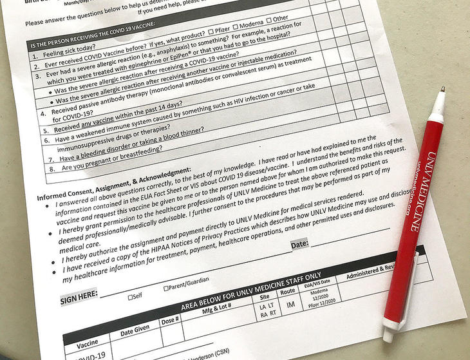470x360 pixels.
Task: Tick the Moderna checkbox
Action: (236, 33)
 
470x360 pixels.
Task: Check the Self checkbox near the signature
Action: (131, 297)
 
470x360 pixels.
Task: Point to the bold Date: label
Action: (299, 244)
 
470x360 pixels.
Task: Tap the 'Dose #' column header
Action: (170, 319)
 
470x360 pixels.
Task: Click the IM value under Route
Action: (290, 303)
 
